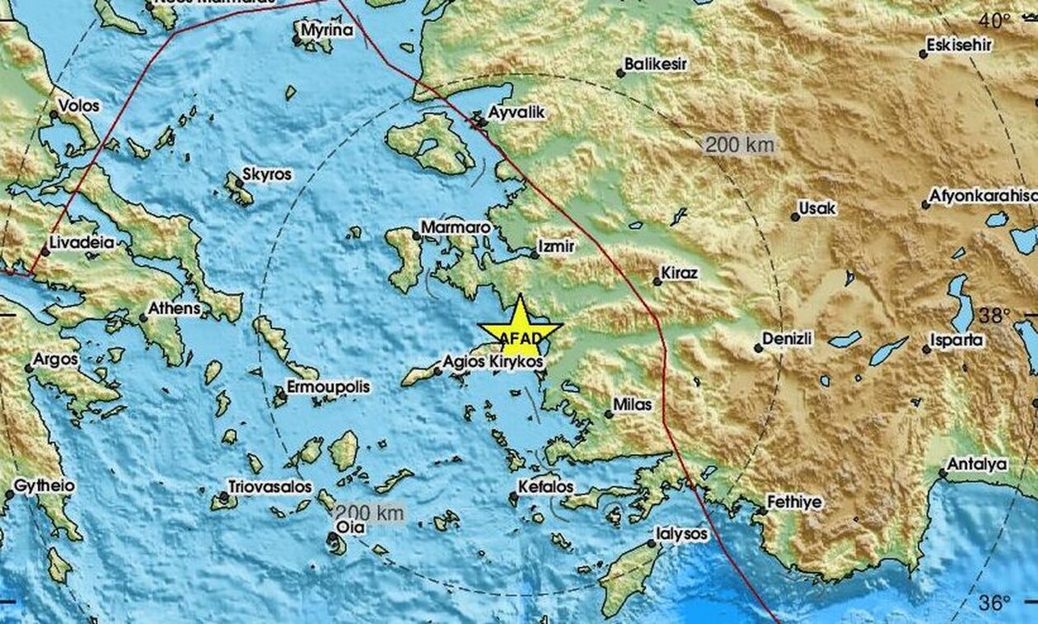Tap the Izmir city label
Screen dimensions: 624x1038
pyautogui.click(x=555, y=246)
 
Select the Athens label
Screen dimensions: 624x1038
pyautogui.click(x=174, y=308)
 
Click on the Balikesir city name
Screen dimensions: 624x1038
pyautogui.click(x=656, y=63)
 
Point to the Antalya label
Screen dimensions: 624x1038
pyautogui.click(x=977, y=464)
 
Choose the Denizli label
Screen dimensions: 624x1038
pyautogui.click(x=788, y=338)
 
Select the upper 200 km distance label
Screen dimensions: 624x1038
pyautogui.click(x=740, y=145)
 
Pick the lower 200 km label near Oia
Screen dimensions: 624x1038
pyautogui.click(x=370, y=512)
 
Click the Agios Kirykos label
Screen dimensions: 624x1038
pyautogui.click(x=491, y=361)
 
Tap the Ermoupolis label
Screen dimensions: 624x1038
pyautogui.click(x=328, y=387)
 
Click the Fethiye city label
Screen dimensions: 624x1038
pyautogui.click(x=794, y=501)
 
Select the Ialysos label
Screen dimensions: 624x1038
pyautogui.click(x=681, y=534)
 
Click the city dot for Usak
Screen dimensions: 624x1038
pyautogui.click(x=795, y=217)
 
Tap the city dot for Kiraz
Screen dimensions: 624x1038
pyautogui.click(x=657, y=281)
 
